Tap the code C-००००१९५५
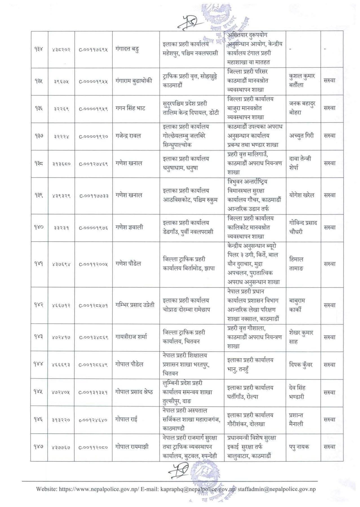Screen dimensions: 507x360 click(93, 81)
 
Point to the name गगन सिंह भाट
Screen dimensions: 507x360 click(130, 108)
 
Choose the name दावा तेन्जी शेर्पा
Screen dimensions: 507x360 click(300, 163)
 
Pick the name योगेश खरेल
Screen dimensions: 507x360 click(301, 195)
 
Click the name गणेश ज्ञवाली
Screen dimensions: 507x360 click(129, 227)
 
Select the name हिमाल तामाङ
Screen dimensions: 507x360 click(296, 264)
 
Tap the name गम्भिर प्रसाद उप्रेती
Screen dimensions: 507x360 click(135, 305)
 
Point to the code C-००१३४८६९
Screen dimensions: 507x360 click(93, 337)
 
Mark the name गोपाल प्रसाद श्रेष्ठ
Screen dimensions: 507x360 click(134, 392)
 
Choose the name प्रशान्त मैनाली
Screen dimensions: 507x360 click(296, 419)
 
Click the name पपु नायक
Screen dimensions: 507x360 click(299, 447)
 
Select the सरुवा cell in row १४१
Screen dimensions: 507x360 click(329, 264)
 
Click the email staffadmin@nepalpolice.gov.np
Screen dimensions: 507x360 click(277, 489)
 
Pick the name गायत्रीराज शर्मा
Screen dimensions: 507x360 click(131, 337)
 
